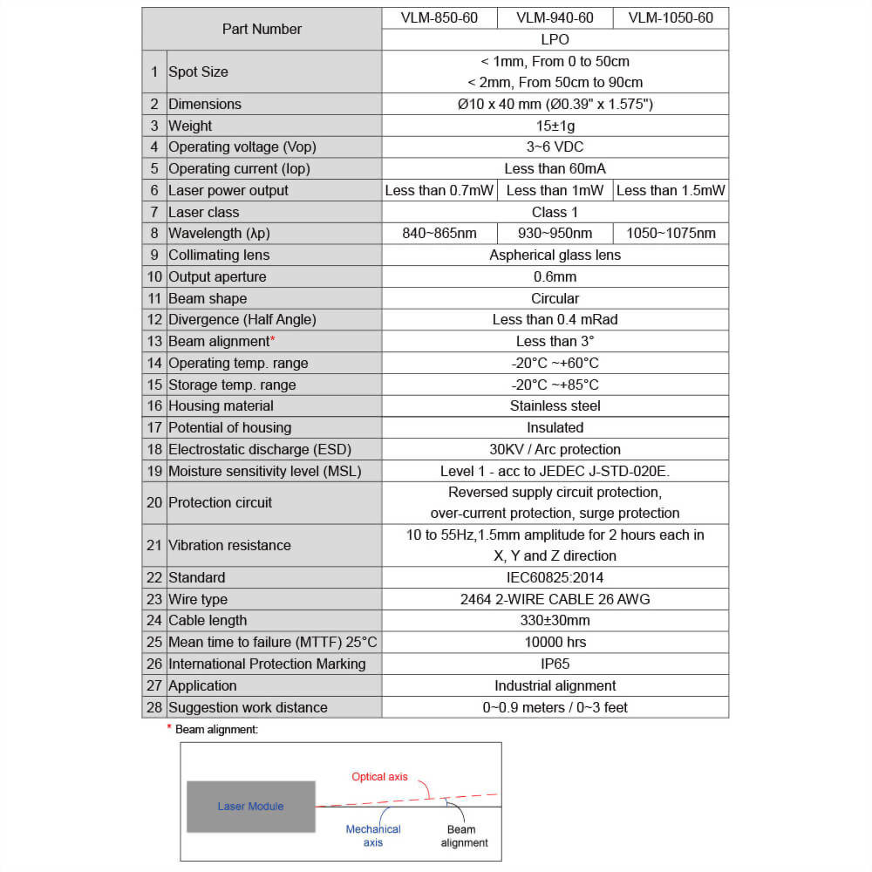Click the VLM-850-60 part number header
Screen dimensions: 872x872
(439, 18)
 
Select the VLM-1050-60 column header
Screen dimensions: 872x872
(671, 18)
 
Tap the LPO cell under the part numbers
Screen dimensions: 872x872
(555, 40)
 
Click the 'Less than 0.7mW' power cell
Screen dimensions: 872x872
(439, 190)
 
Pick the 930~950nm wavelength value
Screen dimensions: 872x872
(555, 233)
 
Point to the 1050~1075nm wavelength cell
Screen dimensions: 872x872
(671, 233)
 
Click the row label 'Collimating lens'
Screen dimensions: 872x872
(219, 255)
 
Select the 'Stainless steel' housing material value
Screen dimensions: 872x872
(555, 405)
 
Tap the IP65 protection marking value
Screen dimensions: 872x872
(555, 664)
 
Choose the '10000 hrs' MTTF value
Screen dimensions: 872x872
(555, 642)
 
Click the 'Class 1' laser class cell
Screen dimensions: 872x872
(555, 212)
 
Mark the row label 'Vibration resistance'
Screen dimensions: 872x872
(229, 545)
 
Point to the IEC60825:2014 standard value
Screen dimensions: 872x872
(555, 577)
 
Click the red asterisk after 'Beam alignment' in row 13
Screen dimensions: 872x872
(272, 339)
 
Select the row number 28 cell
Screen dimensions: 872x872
(154, 707)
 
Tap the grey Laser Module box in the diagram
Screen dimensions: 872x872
(250, 807)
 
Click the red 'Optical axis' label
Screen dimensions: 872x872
(379, 777)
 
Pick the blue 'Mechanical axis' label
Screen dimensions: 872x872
(372, 835)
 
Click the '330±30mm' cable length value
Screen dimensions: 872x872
(555, 620)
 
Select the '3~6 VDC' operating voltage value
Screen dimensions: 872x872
(555, 147)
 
